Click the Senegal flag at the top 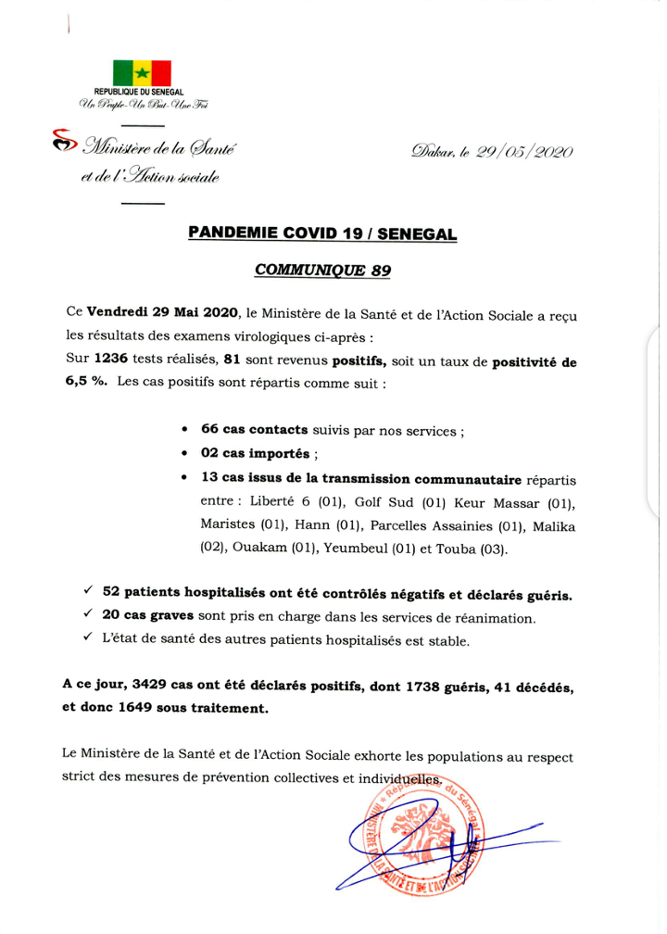[142, 73]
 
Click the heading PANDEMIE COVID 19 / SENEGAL [321, 234]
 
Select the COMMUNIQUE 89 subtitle [321, 271]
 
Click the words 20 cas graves [146, 618]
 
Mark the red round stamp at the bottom [416, 839]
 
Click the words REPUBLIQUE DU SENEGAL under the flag [139, 92]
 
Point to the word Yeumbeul [352, 549]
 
